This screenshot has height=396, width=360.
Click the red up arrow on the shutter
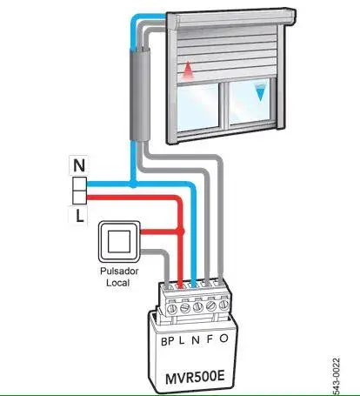188,70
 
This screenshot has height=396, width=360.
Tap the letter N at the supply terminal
79,165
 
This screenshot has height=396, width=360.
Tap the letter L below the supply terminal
79,216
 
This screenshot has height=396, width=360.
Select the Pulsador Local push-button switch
119,241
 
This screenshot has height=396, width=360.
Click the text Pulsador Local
119,277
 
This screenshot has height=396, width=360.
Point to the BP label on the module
167,341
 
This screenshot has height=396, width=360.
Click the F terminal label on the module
210,339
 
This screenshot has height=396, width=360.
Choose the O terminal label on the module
223,339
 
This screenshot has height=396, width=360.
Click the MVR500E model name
195,378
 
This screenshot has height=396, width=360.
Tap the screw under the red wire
184,307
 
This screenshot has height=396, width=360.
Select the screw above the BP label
172,308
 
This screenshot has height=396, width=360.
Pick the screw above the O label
223,305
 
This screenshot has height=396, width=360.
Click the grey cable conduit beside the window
139,95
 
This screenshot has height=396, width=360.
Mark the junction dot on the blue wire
133,184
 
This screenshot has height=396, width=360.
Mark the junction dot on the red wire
181,232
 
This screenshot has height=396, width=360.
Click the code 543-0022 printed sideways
335,377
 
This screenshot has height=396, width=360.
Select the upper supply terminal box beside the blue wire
79,184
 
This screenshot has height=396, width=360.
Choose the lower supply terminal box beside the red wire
79,198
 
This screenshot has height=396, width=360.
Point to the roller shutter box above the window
231,19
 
